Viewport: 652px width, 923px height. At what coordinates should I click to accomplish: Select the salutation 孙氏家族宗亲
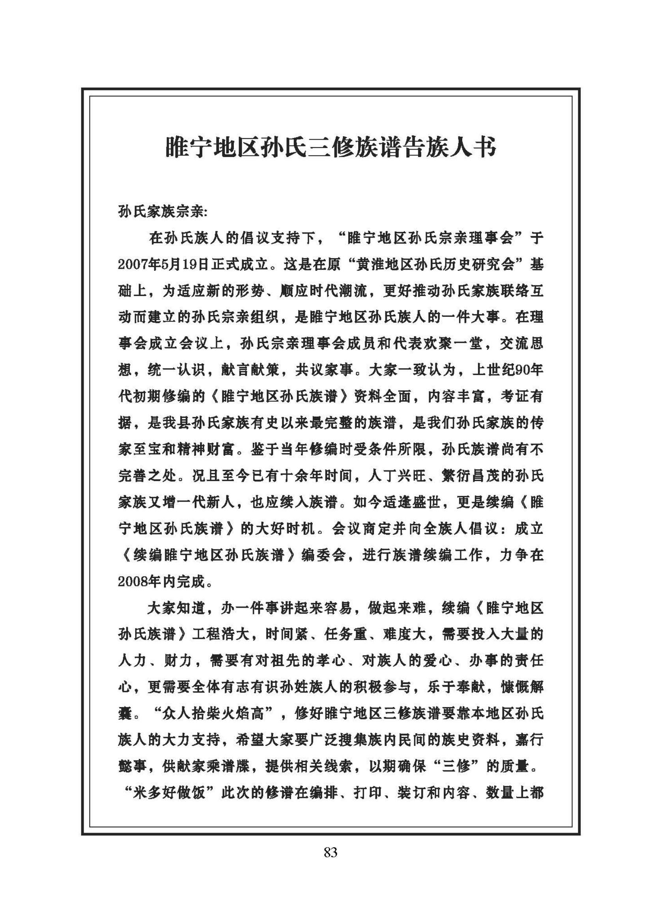pyautogui.click(x=161, y=213)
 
